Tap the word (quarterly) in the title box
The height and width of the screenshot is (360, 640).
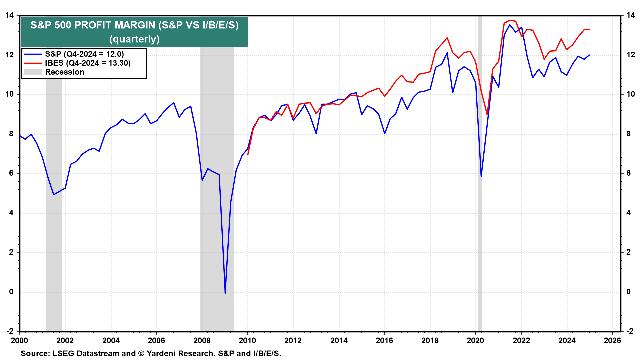pyautogui.click(x=134, y=39)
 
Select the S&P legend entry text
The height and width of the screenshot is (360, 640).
pyautogui.click(x=84, y=54)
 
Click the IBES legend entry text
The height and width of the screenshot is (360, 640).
pyautogui.click(x=88, y=63)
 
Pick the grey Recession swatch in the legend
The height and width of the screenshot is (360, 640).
pyautogui.click(x=33, y=72)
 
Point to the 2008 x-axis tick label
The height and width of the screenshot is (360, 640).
pyautogui.click(x=202, y=341)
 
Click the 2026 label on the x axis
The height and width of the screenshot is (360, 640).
pyautogui.click(x=612, y=341)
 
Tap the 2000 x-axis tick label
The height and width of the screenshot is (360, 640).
pyautogui.click(x=19, y=341)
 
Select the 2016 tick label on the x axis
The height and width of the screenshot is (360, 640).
pyautogui.click(x=384, y=341)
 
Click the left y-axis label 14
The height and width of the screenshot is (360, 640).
pyautogui.click(x=9, y=15)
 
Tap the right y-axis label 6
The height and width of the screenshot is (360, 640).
pyautogui.click(x=628, y=173)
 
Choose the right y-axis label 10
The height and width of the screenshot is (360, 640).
pyautogui.click(x=630, y=94)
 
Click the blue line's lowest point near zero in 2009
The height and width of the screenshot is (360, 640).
pyautogui.click(x=225, y=293)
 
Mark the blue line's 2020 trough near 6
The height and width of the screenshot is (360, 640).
pyautogui.click(x=481, y=176)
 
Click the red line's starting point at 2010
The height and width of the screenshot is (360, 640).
pyautogui.click(x=248, y=155)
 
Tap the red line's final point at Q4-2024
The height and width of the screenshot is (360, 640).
pyautogui.click(x=589, y=30)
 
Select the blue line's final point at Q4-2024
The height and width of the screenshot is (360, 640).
pyautogui.click(x=589, y=55)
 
